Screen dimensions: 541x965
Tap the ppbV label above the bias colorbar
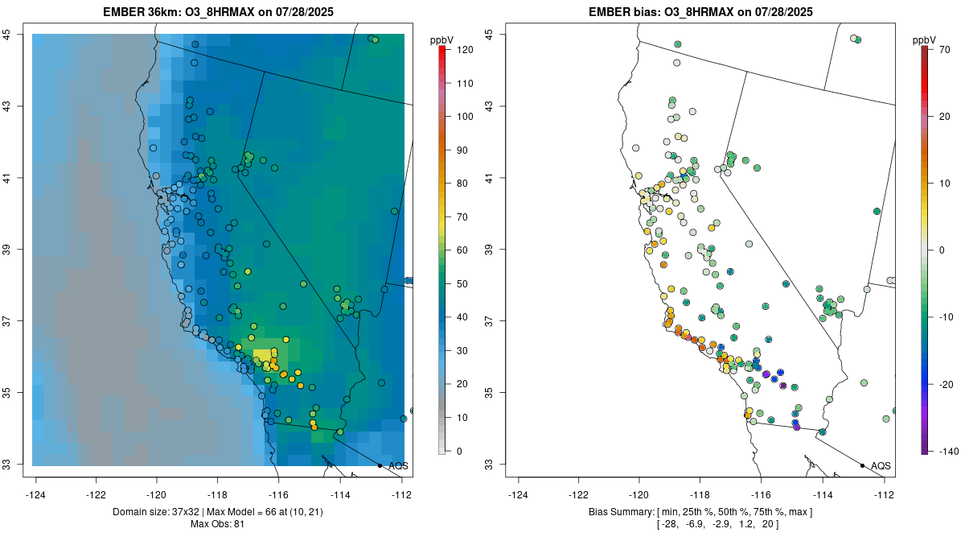pos(925,39)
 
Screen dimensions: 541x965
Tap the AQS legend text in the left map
pos(398,465)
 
